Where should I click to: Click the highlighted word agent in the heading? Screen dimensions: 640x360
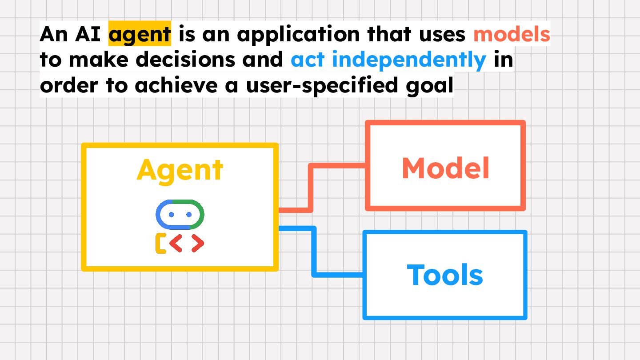click(140, 34)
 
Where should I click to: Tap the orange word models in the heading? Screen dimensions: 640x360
click(512, 34)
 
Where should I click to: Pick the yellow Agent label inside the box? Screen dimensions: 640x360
click(180, 170)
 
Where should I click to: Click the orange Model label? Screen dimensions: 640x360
click(445, 168)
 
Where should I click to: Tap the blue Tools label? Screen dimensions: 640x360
click(445, 275)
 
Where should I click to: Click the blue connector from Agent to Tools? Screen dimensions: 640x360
click(314, 253)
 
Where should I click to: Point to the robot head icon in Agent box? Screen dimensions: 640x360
click(180, 214)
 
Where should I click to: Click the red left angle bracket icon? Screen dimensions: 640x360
click(176, 243)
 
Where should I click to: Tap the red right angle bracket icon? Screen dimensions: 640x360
click(197, 243)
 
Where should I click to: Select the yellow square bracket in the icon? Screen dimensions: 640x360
click(160, 243)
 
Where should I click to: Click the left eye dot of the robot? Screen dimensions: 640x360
click(171, 215)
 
